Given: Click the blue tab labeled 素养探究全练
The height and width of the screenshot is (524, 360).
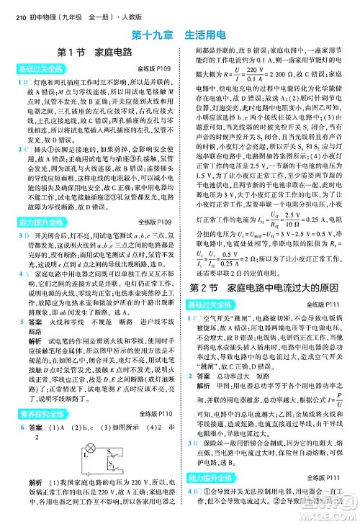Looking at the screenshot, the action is coord(37,414).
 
